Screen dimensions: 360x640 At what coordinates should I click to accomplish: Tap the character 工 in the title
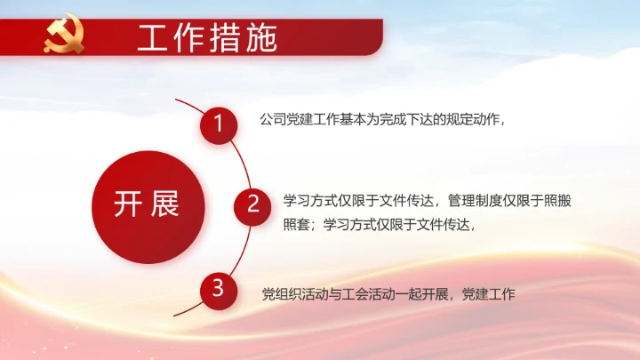[x=152, y=38]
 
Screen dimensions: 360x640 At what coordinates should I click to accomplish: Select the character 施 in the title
[x=261, y=38]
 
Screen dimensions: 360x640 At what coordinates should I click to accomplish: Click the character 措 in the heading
[x=225, y=38]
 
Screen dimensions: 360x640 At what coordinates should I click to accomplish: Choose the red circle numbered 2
[x=252, y=205]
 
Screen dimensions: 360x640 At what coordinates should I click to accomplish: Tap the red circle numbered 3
[x=218, y=288]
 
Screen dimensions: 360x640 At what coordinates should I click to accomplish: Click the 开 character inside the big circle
[x=127, y=204]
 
